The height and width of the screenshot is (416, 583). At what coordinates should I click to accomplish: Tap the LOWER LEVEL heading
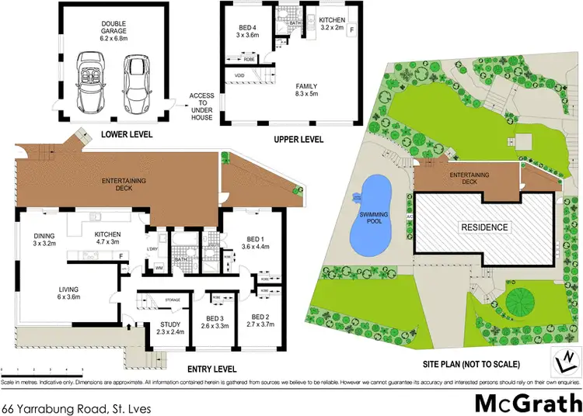(x=126, y=134)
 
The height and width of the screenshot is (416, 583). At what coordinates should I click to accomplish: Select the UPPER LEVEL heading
(x=298, y=139)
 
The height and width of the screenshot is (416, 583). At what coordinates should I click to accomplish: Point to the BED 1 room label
(x=256, y=241)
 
